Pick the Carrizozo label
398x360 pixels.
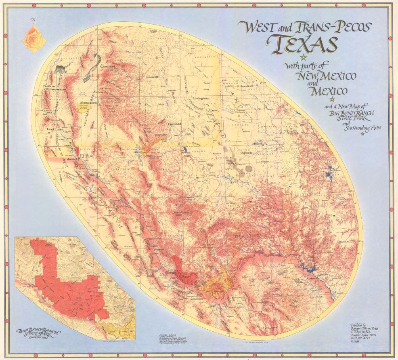(108, 66)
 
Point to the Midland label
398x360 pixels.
(257, 143)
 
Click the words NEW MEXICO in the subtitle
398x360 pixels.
(326, 76)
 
